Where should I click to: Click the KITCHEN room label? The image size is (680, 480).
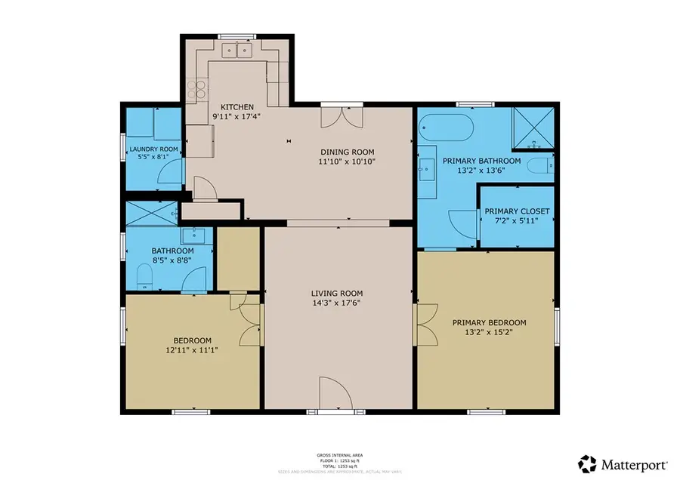tap(236, 107)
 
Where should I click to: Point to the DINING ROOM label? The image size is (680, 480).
tap(348, 151)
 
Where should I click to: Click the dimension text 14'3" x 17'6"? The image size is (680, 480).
tap(337, 303)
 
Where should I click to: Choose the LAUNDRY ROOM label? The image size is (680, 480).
tap(153, 149)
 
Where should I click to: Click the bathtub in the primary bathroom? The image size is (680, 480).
tap(446, 128)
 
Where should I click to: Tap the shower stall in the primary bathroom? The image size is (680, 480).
tap(534, 127)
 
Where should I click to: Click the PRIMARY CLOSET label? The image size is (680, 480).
tap(517, 211)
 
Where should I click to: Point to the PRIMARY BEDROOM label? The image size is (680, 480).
tap(489, 322)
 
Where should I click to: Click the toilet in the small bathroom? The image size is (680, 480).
tap(145, 278)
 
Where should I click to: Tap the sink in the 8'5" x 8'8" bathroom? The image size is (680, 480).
tap(187, 235)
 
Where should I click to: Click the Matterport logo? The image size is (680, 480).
tap(623, 462)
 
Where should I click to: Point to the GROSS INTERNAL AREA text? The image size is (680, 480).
tap(339, 455)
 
